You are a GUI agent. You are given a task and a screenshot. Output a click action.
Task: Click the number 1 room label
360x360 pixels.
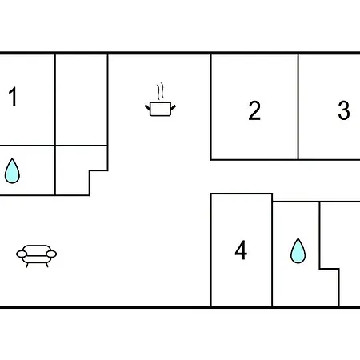tap(13, 96)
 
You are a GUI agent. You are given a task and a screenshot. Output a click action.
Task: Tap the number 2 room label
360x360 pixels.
tap(254, 110)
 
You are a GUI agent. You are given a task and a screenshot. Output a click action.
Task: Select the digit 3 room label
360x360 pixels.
tap(344, 110)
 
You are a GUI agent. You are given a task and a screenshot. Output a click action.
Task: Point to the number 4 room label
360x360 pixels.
tap(241, 250)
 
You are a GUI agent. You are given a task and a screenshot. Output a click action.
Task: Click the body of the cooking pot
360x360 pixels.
tap(160, 109)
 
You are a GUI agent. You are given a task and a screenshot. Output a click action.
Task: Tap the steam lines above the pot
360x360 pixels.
tap(160, 92)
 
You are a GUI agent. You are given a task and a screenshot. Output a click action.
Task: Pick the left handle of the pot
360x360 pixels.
tap(148, 108)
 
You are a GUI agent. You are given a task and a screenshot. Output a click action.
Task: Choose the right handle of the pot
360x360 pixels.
tap(173, 108)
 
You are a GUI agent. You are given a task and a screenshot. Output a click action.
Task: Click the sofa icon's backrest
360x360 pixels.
tap(37, 248)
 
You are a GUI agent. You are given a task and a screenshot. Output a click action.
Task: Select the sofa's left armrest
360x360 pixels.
tap(22, 254)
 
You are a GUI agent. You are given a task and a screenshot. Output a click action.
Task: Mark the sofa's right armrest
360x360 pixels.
tap(51, 254)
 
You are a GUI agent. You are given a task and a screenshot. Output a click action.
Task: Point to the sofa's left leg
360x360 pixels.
tap(27, 265)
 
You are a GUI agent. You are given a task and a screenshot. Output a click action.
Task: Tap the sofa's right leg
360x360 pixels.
tap(47, 265)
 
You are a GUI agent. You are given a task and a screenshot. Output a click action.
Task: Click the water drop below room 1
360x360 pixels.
tap(12, 170)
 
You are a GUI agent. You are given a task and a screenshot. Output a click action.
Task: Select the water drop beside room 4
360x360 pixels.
tap(298, 250)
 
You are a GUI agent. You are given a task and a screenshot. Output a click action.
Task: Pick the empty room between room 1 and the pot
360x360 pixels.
tap(82, 100)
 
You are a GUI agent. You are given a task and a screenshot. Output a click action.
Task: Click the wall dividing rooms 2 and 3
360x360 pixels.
tap(298, 107)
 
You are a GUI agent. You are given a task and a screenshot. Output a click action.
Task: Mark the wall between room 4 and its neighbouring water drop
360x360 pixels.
tap(272, 250)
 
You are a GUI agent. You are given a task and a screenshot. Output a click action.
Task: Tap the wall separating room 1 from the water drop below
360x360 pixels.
tap(27, 146)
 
